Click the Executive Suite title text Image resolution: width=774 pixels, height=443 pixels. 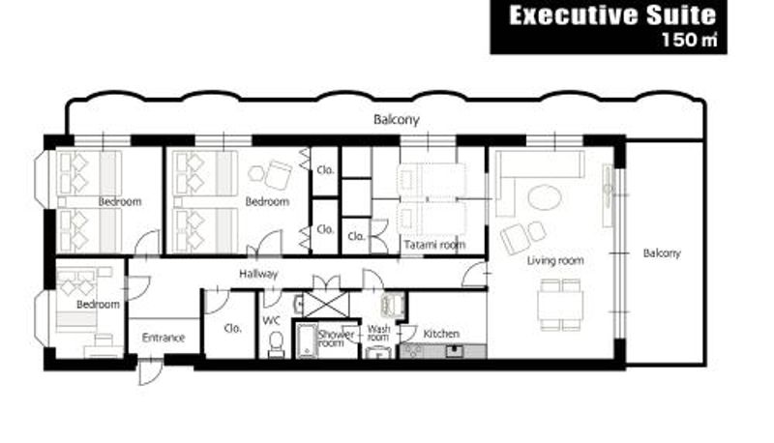pos(612,15)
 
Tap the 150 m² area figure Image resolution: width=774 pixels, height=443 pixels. pos(689,40)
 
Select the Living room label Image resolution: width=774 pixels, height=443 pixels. pos(555,260)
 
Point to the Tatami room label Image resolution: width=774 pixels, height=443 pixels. pos(434,245)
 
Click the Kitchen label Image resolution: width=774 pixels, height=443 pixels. pos(441,334)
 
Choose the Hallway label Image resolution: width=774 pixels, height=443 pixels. pos(258,274)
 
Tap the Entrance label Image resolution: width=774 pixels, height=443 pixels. pos(164,338)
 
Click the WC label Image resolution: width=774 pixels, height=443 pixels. pos(271,321)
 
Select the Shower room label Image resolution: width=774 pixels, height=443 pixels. pos(336,338)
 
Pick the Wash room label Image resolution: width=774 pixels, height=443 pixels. pos(378,333)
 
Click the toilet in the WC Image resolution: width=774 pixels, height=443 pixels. pos(277,343)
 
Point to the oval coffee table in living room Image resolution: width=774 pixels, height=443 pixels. pos(545,197)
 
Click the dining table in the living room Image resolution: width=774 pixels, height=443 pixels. pos(560,305)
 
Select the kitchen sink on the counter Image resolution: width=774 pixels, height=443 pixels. pos(454,352)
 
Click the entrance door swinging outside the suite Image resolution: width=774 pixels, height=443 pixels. pos(149,372)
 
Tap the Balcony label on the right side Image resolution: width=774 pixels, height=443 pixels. pos(662,253)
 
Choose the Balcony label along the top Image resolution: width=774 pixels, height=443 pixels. pos(397,119)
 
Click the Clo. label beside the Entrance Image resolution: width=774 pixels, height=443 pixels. pos(232,328)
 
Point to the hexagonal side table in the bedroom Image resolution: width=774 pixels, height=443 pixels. pos(256,173)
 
